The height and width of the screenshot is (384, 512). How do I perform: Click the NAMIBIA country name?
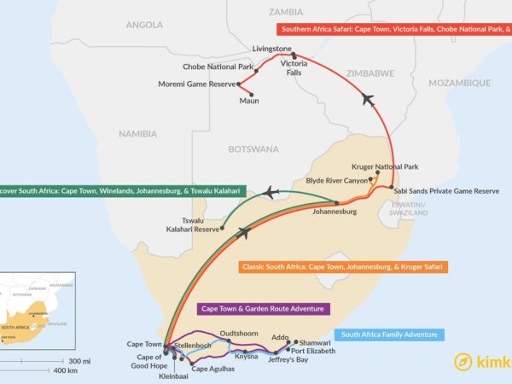(137, 134)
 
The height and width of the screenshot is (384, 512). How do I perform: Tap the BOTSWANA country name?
(253, 148)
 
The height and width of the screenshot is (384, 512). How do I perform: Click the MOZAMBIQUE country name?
(459, 83)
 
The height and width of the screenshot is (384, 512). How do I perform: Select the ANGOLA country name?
(144, 25)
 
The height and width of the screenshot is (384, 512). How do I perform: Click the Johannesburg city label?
(334, 211)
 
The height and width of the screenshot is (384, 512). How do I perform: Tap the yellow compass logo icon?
(464, 361)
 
